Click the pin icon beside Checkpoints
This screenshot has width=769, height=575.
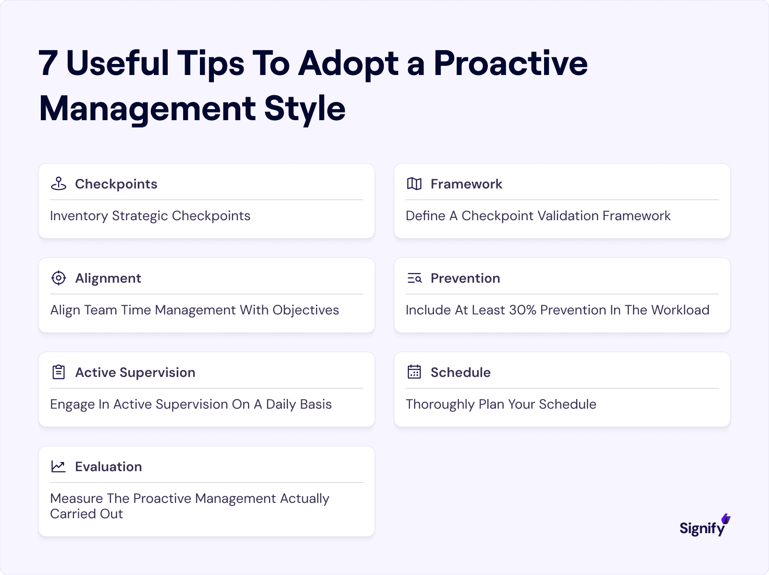(x=59, y=184)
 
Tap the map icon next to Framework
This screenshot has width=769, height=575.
(x=414, y=184)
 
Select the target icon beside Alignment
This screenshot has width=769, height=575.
(x=59, y=278)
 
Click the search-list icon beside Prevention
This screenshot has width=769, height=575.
(x=414, y=278)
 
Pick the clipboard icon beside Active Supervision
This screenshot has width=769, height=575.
(x=59, y=372)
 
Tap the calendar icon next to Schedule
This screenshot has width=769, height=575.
(x=414, y=372)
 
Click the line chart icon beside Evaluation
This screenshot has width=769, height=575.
(x=59, y=466)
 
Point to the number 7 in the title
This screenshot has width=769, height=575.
(x=48, y=63)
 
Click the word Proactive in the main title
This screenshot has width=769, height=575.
(x=510, y=63)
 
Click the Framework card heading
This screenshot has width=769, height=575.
(x=466, y=184)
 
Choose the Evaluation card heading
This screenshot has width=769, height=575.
(x=108, y=466)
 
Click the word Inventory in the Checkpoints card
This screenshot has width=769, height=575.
(x=79, y=216)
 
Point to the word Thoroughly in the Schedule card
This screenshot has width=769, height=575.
(x=440, y=404)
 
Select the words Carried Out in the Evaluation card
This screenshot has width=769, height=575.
(x=87, y=514)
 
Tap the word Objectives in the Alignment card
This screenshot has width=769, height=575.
(x=306, y=310)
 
